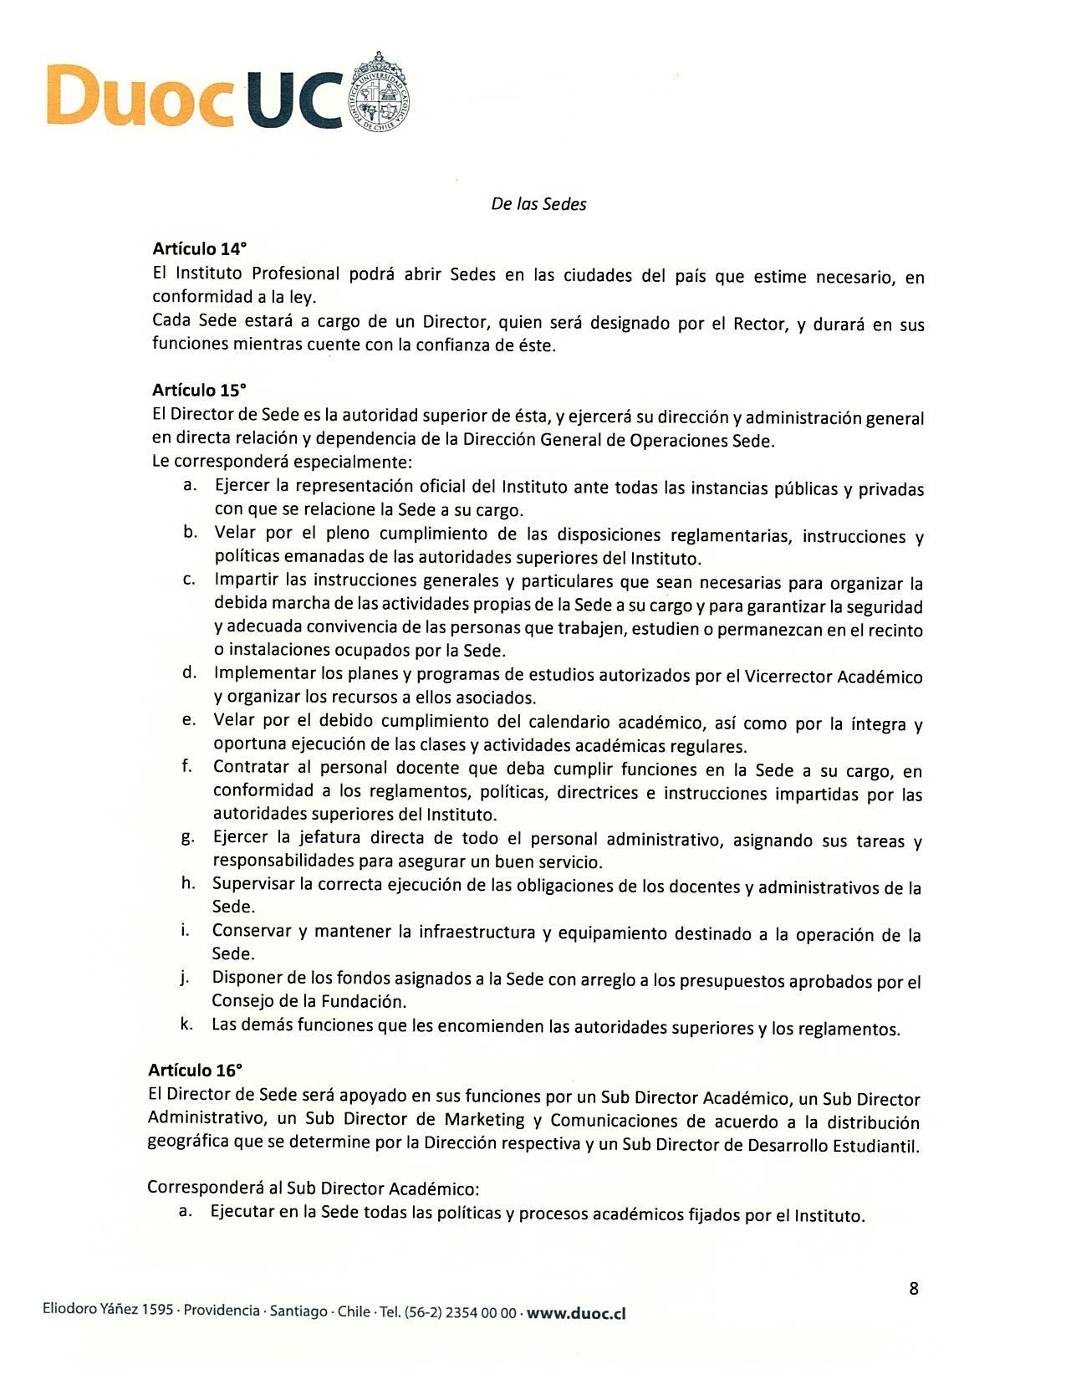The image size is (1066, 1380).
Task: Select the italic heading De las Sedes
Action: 538,204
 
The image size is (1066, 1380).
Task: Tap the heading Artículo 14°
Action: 199,248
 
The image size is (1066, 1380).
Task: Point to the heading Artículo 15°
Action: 199,390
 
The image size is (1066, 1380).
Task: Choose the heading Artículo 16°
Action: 195,1070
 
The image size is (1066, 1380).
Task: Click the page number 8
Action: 913,1288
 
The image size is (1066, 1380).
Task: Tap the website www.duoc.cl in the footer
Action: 576,1313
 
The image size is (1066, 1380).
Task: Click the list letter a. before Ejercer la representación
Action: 190,485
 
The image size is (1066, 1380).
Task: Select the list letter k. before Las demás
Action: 186,1024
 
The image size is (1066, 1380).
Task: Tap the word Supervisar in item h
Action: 254,884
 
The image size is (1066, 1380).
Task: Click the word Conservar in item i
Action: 252,931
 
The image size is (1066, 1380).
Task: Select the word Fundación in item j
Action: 366,1001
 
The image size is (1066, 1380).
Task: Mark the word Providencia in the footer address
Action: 221,1311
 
